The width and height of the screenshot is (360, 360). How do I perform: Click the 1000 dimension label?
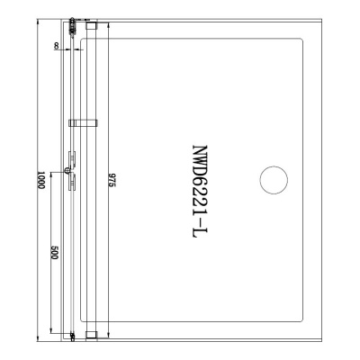pyautogui.click(x=41, y=180)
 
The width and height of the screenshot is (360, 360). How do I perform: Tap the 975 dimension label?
pyautogui.click(x=112, y=180)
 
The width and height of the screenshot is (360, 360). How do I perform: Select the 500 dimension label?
pyautogui.click(x=55, y=253)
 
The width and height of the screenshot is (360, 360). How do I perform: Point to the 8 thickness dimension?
pyautogui.click(x=56, y=46)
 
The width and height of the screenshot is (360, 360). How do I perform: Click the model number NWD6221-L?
pyautogui.click(x=200, y=192)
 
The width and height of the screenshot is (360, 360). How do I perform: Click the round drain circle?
pyautogui.click(x=274, y=180)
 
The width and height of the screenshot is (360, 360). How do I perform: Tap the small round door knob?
pyautogui.click(x=67, y=171)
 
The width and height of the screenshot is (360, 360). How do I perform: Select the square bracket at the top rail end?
pyautogui.click(x=91, y=25)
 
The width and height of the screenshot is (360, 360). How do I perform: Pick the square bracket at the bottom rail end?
pyautogui.click(x=91, y=335)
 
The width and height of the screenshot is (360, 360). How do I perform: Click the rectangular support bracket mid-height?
pyautogui.click(x=83, y=123)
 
